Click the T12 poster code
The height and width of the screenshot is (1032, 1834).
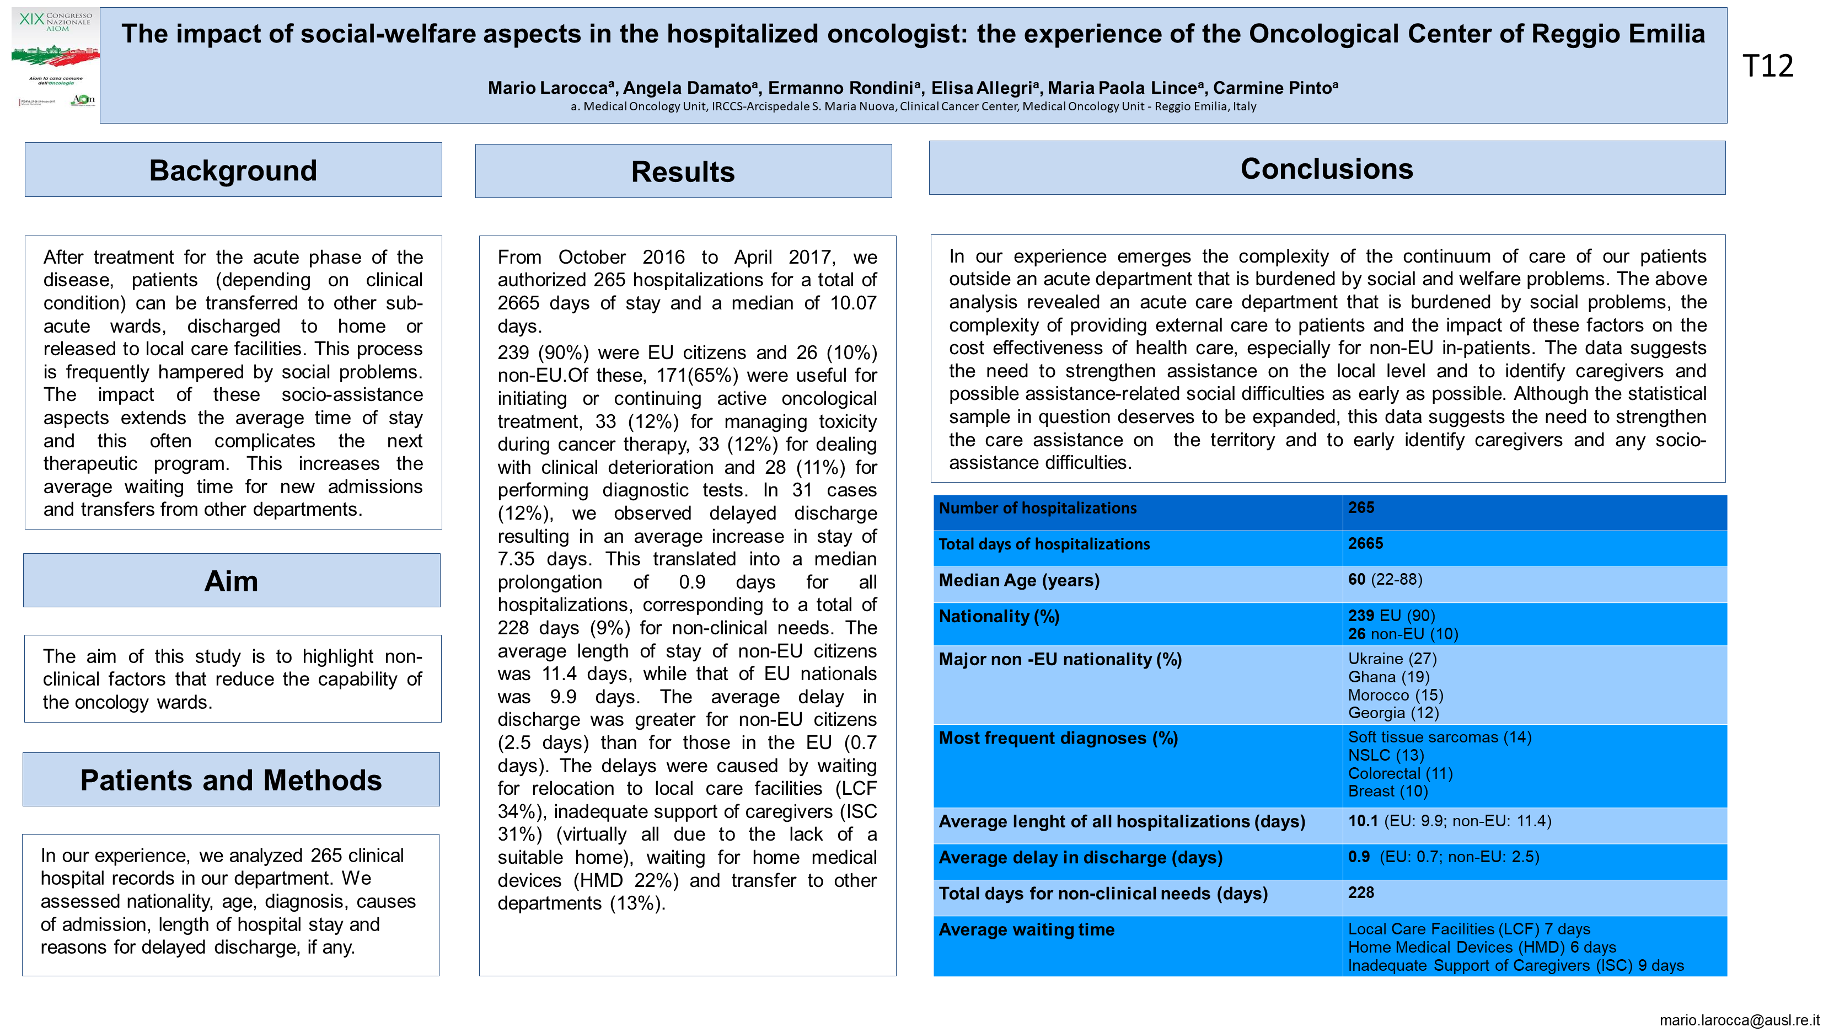point(1768,66)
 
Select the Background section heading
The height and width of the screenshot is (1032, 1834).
point(233,170)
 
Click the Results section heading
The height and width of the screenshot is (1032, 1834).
point(683,172)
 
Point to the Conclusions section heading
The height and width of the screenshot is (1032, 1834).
point(1326,169)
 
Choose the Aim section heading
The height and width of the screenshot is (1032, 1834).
point(232,581)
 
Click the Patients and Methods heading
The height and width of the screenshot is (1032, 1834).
point(230,780)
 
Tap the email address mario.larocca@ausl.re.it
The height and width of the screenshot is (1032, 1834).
point(1739,1020)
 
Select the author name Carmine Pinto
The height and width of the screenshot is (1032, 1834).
point(1274,88)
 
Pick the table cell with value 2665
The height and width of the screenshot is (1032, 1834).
point(1365,543)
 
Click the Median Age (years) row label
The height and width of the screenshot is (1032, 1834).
point(1019,580)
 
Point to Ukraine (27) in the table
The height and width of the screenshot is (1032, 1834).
point(1392,659)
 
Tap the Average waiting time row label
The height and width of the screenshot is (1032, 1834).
point(1027,929)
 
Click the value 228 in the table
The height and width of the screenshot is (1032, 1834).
point(1360,892)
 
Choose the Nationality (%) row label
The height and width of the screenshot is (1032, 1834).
point(999,616)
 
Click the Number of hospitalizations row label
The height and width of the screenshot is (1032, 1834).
point(1037,508)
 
